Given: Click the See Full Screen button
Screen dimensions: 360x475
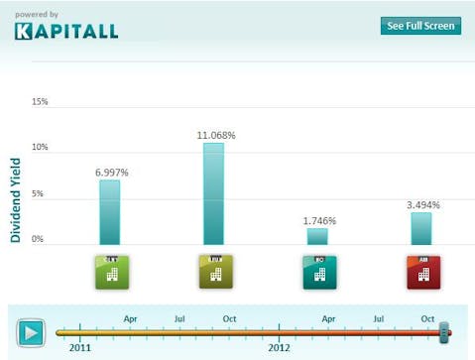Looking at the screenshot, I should coord(420,26).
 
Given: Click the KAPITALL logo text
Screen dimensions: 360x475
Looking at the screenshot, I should coord(66,31).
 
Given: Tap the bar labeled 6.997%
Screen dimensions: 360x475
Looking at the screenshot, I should coord(110,211).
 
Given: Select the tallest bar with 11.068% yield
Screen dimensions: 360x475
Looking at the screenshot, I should coord(213,193).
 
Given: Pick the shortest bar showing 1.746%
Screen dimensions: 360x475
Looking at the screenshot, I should coord(316,236).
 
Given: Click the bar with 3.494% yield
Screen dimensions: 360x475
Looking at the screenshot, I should coord(420,228).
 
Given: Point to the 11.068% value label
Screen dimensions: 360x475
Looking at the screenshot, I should coord(215,135).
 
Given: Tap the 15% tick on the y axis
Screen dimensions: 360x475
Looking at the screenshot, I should coord(40,102).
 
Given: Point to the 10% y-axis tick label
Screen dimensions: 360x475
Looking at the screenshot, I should coord(40,148).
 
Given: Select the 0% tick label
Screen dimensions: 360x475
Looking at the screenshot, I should coord(38,239).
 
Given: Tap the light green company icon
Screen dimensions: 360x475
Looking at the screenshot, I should coord(110,272).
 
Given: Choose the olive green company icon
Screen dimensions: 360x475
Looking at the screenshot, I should coord(214,272).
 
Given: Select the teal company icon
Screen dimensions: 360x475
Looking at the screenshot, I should coord(317,272).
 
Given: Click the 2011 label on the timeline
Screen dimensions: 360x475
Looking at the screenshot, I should coord(80,348).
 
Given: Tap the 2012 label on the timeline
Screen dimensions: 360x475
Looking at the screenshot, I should coord(281,348).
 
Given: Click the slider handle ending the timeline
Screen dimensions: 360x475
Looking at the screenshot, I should coord(445,331).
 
